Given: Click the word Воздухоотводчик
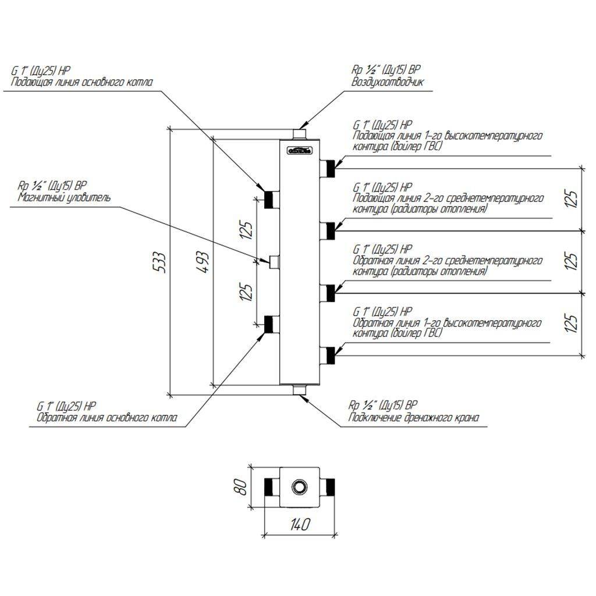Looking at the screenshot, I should (x=387, y=82).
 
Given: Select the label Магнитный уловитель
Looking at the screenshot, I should (x=63, y=197).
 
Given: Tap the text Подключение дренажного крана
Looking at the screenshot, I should (x=415, y=417).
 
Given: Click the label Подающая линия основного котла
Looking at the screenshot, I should (x=82, y=83).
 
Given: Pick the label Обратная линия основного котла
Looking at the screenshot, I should (x=108, y=417).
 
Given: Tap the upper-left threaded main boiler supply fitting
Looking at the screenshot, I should (x=271, y=199).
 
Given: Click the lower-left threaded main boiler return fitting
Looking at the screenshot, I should (x=271, y=324).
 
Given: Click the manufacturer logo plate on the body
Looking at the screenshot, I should (x=300, y=151).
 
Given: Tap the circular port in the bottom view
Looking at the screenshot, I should (x=300, y=485).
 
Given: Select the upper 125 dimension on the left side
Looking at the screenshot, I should (x=247, y=230).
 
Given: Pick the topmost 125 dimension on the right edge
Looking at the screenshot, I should (x=573, y=199).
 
